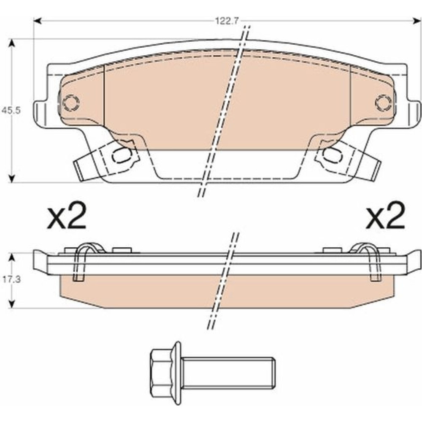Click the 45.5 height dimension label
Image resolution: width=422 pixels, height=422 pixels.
point(11,111)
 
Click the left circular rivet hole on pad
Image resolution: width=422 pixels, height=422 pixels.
point(71,103)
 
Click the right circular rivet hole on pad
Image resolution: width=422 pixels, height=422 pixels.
point(383,103)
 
